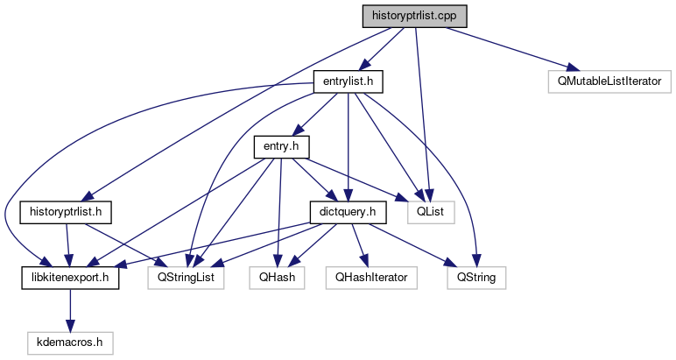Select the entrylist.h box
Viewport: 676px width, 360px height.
click(x=349, y=82)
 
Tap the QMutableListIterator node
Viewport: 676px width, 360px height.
click(x=609, y=82)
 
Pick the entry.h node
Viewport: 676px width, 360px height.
click(x=282, y=146)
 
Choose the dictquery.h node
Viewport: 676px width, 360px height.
click(x=349, y=212)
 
